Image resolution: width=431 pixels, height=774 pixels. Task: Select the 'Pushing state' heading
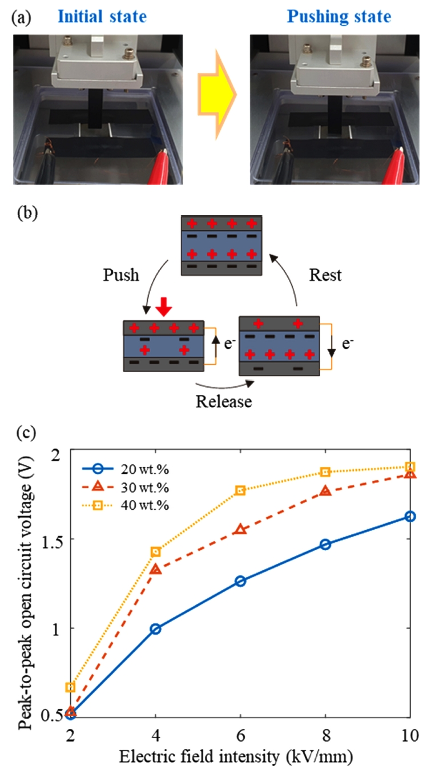(339, 17)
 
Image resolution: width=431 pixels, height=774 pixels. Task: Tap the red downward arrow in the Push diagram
(164, 307)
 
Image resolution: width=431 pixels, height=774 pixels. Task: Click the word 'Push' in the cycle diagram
(121, 275)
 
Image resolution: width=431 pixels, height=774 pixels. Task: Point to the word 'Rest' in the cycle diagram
(325, 275)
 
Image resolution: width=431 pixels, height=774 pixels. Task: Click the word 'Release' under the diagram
(224, 401)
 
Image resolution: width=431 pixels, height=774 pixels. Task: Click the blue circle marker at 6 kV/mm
(240, 581)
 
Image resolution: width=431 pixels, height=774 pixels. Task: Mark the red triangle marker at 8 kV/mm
(325, 491)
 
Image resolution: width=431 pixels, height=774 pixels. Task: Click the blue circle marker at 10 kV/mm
(410, 516)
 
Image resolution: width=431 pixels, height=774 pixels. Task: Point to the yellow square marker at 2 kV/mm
(70, 687)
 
